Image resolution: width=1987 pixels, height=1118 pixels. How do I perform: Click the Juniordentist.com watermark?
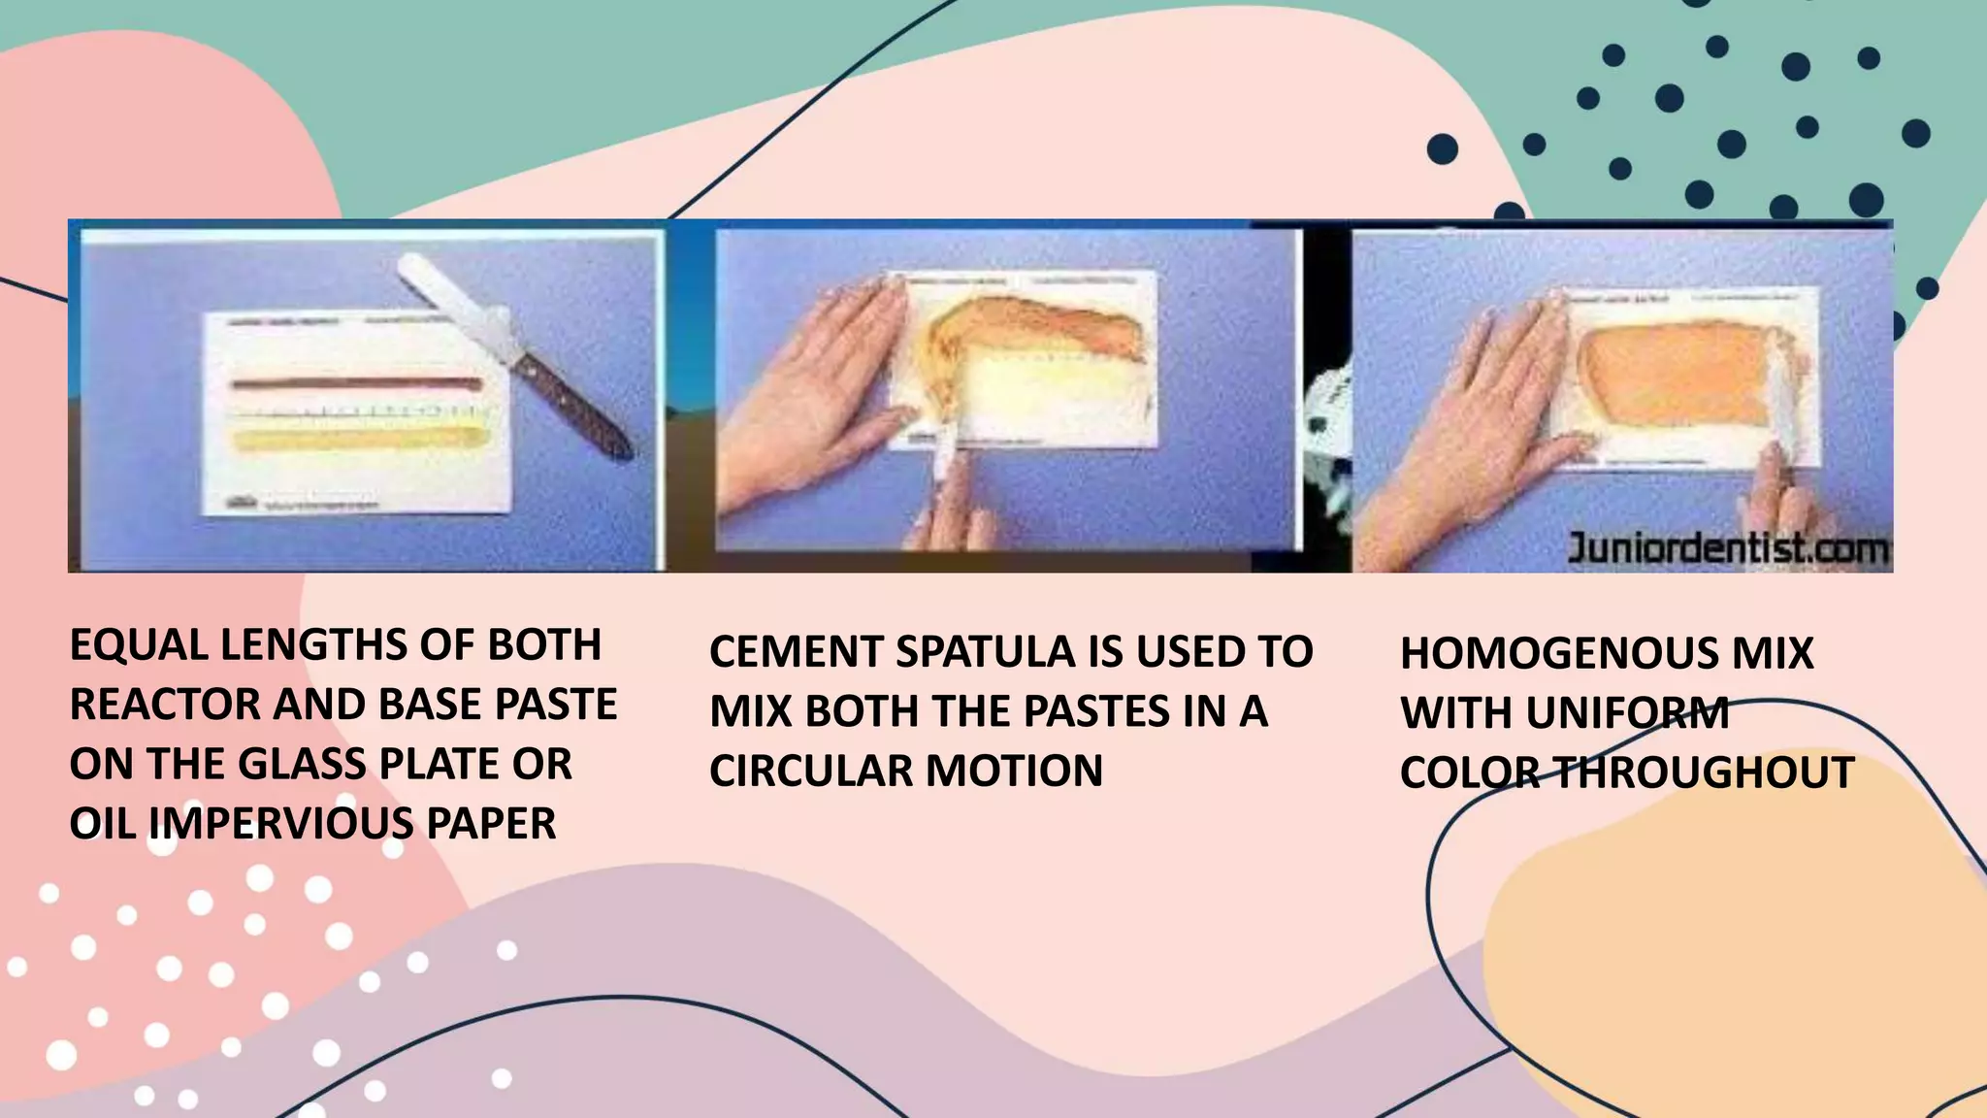pyautogui.click(x=1728, y=549)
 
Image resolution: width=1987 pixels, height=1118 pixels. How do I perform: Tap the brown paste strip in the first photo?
pyautogui.click(x=357, y=384)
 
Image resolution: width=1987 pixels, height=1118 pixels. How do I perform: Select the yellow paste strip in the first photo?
pyautogui.click(x=357, y=440)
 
